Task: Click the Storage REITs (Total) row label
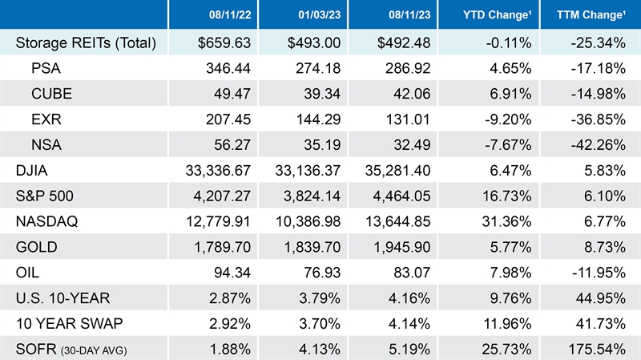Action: tap(87, 42)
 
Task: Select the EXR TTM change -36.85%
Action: tap(602, 119)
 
